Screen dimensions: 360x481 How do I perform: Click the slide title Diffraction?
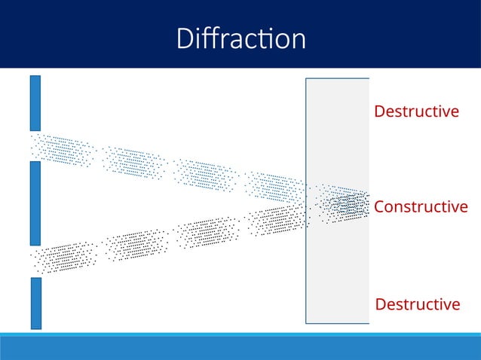[x=240, y=38]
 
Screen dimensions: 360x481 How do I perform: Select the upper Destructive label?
[x=416, y=111]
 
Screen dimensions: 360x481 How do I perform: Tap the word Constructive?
[x=421, y=206]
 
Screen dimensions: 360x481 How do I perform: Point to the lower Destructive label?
[x=417, y=304]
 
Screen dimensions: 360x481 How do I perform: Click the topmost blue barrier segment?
[x=35, y=102]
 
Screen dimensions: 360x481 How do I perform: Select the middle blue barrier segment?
[x=35, y=203]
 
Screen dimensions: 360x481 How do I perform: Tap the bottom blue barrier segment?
[x=35, y=303]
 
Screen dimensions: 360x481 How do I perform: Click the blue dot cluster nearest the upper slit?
[x=63, y=150]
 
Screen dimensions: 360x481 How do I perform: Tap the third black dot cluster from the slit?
[x=205, y=232]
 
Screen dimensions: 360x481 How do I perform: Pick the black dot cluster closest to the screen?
[x=277, y=220]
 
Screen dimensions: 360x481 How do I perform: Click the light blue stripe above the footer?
[x=240, y=334]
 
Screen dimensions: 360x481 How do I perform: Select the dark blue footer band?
[x=240, y=349]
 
